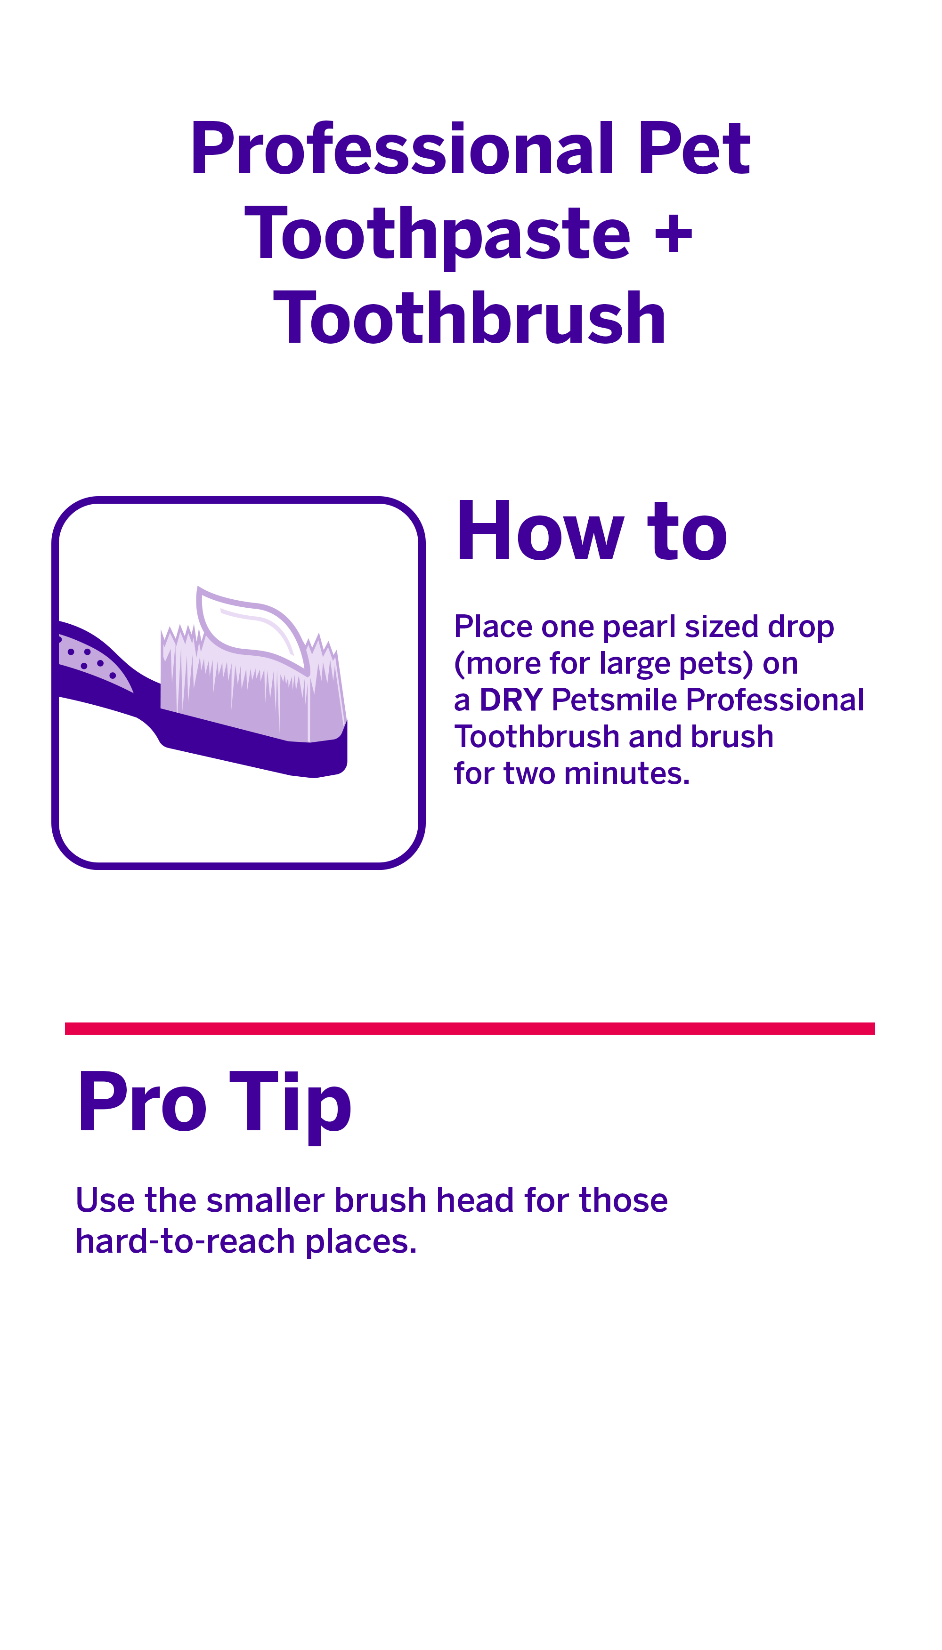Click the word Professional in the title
click(401, 150)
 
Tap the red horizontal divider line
click(470, 1029)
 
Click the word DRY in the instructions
click(511, 700)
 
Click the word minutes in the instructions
click(626, 774)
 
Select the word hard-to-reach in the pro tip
click(185, 1242)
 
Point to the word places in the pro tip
click(360, 1242)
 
